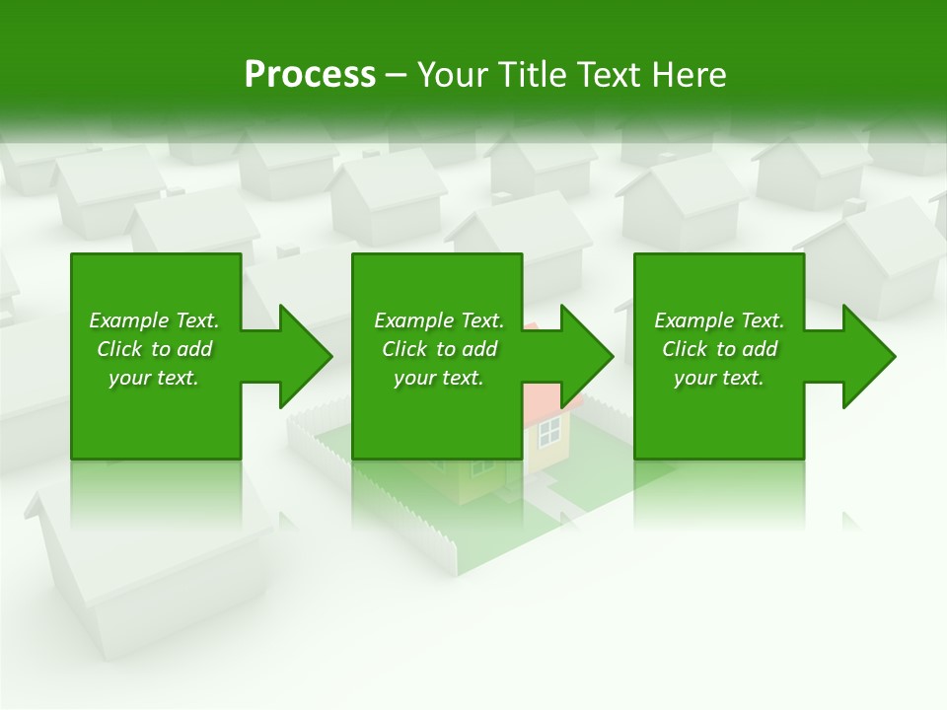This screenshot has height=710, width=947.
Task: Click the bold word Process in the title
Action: (310, 75)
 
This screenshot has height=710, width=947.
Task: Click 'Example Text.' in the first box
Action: (154, 320)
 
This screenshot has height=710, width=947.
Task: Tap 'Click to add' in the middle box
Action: (439, 349)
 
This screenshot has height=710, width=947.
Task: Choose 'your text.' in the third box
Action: (718, 378)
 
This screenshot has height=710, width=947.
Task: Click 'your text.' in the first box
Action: (154, 378)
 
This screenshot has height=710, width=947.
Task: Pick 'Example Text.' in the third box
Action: (718, 320)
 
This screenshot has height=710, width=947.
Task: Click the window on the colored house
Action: (548, 429)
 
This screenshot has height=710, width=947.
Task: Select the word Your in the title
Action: (450, 75)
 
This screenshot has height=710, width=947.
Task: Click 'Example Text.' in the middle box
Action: (439, 320)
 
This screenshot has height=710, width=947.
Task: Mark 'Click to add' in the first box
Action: (154, 349)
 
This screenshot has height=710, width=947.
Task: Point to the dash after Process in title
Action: (396, 75)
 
